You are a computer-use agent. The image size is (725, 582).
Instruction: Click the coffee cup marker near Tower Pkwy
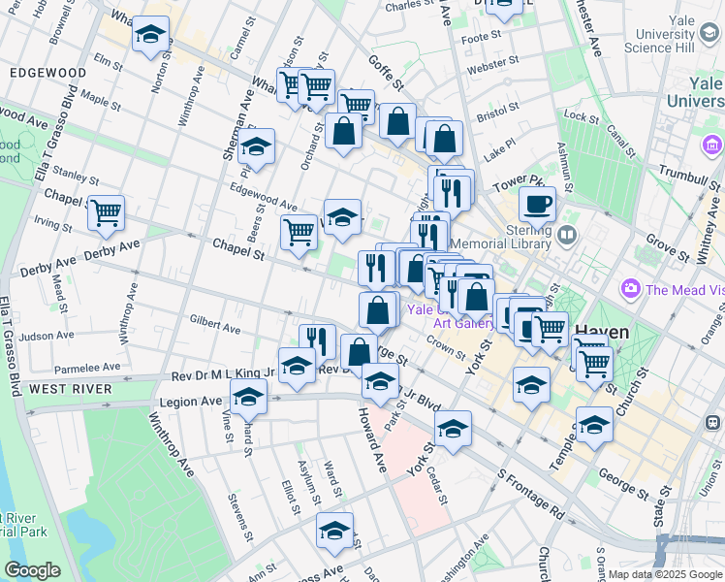pyautogui.click(x=537, y=205)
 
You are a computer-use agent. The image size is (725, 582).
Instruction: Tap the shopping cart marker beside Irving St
pyautogui.click(x=107, y=213)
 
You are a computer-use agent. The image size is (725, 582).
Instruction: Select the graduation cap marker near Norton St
pyautogui.click(x=150, y=36)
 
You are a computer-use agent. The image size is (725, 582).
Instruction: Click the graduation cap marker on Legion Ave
pyautogui.click(x=248, y=396)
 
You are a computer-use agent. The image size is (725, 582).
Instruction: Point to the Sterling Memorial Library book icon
pyautogui.click(x=567, y=234)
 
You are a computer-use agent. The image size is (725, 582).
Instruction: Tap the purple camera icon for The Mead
pyautogui.click(x=632, y=289)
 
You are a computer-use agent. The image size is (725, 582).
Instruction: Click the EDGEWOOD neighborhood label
pyautogui.click(x=47, y=73)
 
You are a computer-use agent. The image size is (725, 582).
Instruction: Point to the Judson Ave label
pyautogui.click(x=46, y=337)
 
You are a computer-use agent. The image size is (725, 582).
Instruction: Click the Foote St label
pyautogui.click(x=481, y=37)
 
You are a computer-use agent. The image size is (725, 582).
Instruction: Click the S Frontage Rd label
pyautogui.click(x=530, y=495)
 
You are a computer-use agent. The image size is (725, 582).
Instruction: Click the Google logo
pyautogui.click(x=32, y=570)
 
